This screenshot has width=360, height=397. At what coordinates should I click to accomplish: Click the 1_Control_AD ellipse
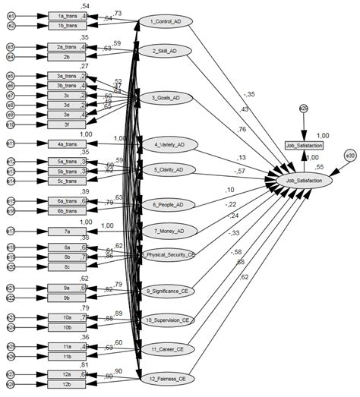click(x=166, y=20)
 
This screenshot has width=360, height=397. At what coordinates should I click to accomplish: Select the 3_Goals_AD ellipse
click(x=166, y=98)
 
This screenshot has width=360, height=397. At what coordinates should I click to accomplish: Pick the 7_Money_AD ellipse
click(x=166, y=229)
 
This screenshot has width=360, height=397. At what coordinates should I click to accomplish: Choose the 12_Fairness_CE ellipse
click(x=166, y=378)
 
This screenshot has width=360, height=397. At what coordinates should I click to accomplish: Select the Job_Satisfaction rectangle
click(x=304, y=144)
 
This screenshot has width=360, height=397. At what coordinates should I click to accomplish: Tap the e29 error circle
click(x=303, y=109)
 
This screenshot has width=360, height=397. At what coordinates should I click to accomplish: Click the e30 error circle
click(x=350, y=155)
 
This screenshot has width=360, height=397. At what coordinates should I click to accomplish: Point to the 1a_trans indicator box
click(x=68, y=15)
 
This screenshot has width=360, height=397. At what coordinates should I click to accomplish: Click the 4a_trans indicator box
click(x=68, y=143)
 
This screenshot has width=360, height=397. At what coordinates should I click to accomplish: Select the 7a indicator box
click(x=68, y=231)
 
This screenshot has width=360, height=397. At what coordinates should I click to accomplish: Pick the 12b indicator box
click(x=68, y=385)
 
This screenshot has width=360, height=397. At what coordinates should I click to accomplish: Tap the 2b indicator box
click(x=68, y=56)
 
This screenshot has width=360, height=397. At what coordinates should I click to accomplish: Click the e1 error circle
click(x=11, y=15)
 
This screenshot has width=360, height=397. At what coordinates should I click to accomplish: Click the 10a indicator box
click(x=68, y=317)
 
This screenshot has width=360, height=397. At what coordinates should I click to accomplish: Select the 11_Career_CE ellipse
click(x=166, y=348)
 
